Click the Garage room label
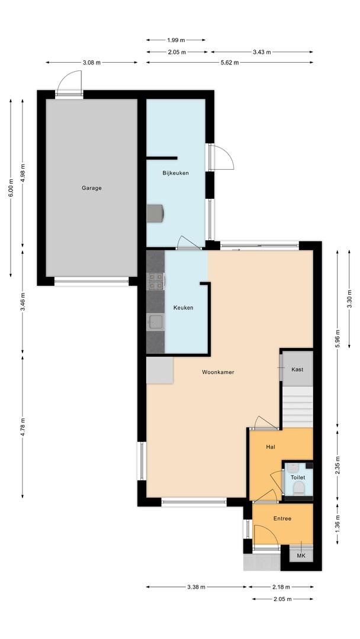[x=91, y=188]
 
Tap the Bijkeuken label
[x=176, y=173]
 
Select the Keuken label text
[x=183, y=308]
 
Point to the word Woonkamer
[x=218, y=372]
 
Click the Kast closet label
[x=297, y=370]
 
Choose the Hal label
[x=271, y=447]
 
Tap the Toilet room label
[x=298, y=477]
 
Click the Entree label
[x=282, y=518]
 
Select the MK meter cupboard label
[x=301, y=556]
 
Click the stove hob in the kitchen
[x=155, y=281]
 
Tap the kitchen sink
[x=155, y=322]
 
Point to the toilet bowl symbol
[x=299, y=488]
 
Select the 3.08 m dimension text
[x=91, y=62]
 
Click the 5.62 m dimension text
[x=230, y=62]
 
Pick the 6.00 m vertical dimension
[x=11, y=188]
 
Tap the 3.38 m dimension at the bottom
[x=196, y=587]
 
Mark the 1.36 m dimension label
[x=337, y=524]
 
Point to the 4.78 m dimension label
[x=22, y=427]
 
